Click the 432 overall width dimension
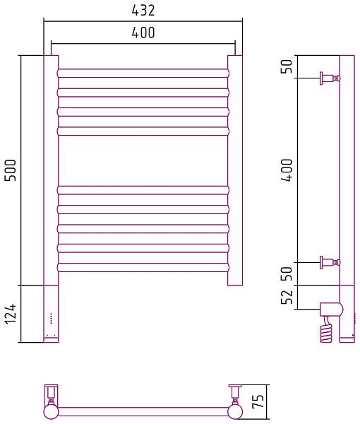[x=143, y=11]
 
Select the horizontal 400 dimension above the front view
[x=143, y=33]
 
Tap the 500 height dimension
[x=11, y=170]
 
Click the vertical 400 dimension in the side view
[x=287, y=170]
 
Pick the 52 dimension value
[x=287, y=297]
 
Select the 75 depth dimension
[x=258, y=401]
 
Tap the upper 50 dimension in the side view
[x=287, y=66]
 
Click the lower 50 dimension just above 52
[x=287, y=273]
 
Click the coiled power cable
[x=326, y=330]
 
